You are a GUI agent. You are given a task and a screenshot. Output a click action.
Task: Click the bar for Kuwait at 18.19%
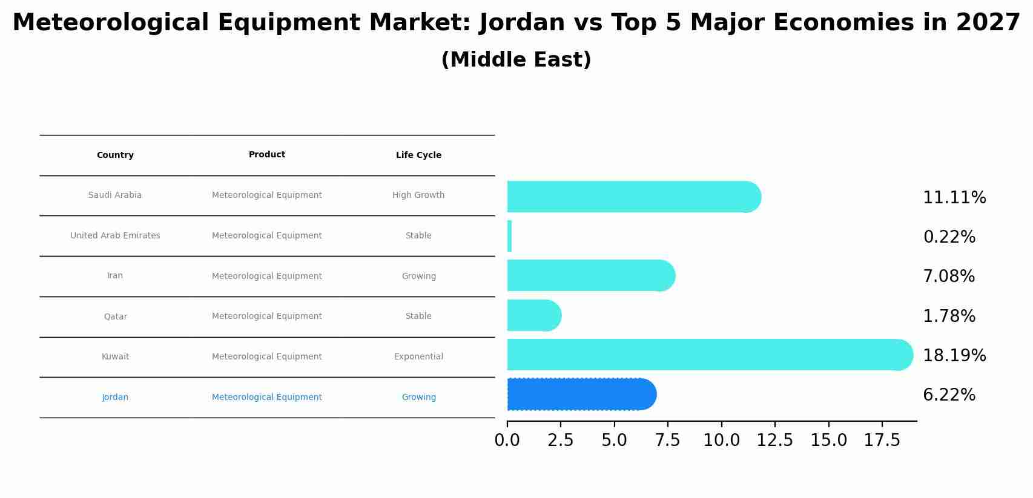(x=708, y=355)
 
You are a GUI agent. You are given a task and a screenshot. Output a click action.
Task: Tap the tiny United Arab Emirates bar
(x=509, y=236)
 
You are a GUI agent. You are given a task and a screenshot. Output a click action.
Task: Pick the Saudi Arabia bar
(x=633, y=197)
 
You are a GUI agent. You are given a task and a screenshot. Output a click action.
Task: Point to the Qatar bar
(x=533, y=315)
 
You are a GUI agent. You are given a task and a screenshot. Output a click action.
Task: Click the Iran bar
(x=590, y=275)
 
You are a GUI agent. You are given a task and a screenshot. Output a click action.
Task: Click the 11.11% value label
(x=954, y=198)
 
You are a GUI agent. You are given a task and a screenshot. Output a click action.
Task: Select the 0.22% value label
(x=949, y=237)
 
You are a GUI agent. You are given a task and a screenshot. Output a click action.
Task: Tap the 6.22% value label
(x=949, y=395)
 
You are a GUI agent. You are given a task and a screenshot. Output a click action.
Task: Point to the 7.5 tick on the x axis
(x=668, y=441)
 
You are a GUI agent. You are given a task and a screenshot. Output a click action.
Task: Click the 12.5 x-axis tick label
(x=774, y=441)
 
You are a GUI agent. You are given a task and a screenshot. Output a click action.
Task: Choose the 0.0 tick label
(x=507, y=441)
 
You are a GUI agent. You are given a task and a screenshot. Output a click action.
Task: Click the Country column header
(x=115, y=155)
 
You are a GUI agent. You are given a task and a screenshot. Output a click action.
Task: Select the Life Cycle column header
(x=418, y=155)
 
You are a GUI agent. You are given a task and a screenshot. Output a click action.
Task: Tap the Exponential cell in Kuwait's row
(x=418, y=356)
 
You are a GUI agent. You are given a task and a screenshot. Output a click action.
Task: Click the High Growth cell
(x=418, y=195)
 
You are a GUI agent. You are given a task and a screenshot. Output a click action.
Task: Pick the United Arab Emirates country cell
(x=115, y=235)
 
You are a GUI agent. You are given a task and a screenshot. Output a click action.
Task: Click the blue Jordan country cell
(x=115, y=397)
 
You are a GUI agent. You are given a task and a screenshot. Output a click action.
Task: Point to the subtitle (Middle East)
(x=516, y=60)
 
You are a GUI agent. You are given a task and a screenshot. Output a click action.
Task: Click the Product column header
(x=266, y=154)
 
